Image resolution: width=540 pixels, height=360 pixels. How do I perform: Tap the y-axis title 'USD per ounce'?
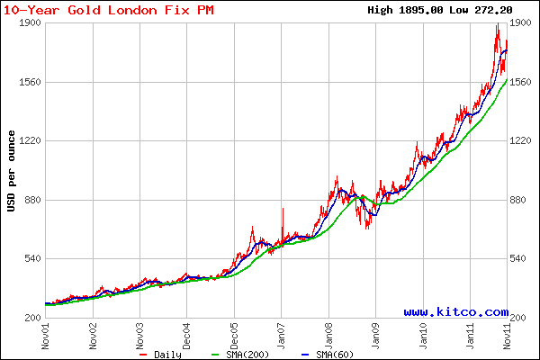click(x=11, y=171)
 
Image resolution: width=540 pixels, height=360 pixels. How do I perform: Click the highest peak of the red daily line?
click(x=497, y=24)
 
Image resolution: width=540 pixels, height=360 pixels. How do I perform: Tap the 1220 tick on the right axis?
click(x=524, y=141)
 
